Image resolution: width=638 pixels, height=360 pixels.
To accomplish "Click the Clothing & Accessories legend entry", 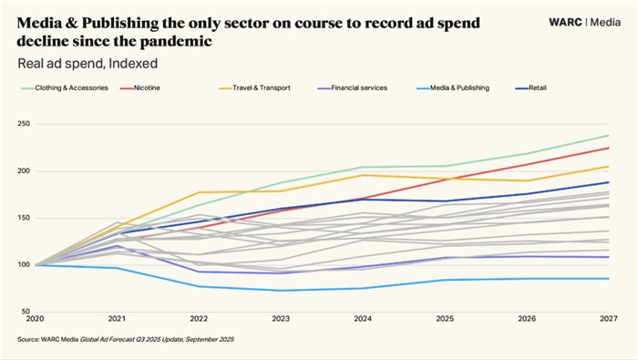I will (72, 87).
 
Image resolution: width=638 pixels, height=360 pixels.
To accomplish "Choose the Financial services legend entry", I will (359, 87).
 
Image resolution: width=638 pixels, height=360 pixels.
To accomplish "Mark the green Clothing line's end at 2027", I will (609, 136).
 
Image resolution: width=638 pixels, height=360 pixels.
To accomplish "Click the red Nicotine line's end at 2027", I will (609, 148).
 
